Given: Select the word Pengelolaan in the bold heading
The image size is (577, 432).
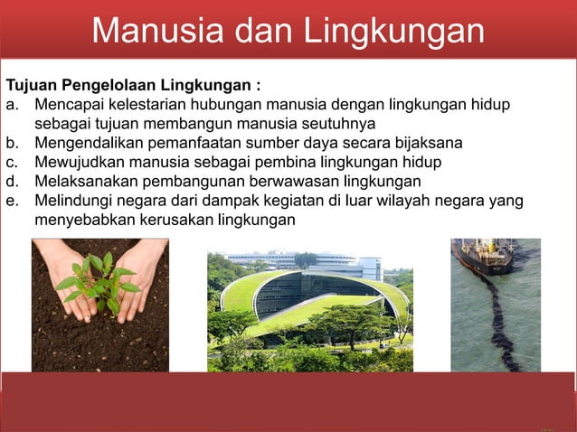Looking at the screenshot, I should click(x=109, y=87).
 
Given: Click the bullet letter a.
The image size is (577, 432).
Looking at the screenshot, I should click(x=13, y=106).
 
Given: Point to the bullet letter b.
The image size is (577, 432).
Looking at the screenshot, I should click(x=13, y=143).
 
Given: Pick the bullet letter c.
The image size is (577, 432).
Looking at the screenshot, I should click(x=13, y=162).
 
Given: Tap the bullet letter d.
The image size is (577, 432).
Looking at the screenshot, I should click(x=13, y=181).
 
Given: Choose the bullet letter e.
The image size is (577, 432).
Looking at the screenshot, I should click(x=13, y=200).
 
